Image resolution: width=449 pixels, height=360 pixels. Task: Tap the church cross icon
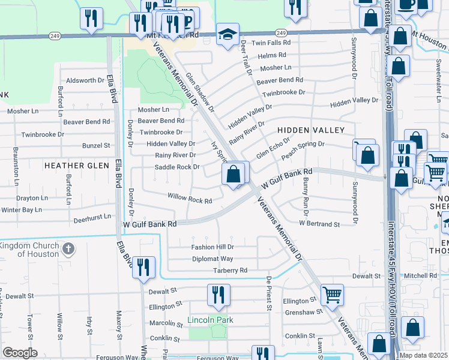pos(68,249)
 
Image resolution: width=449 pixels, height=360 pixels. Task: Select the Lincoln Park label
pos(210,320)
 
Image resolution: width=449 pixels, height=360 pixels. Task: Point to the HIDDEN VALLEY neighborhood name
pos(310,130)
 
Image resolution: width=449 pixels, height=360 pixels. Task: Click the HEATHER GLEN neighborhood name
pos(77,165)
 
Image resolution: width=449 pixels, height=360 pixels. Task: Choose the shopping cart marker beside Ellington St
pos(333,294)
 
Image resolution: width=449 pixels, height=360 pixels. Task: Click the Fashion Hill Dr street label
pos(212,247)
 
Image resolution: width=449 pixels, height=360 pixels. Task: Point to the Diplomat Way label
pos(212,259)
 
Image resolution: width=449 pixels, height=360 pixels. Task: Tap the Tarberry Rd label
pos(230,271)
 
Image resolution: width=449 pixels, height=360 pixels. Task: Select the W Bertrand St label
pos(319,224)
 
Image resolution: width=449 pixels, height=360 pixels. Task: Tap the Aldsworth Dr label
pos(85,80)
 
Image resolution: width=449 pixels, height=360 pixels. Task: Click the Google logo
pos(20,353)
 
